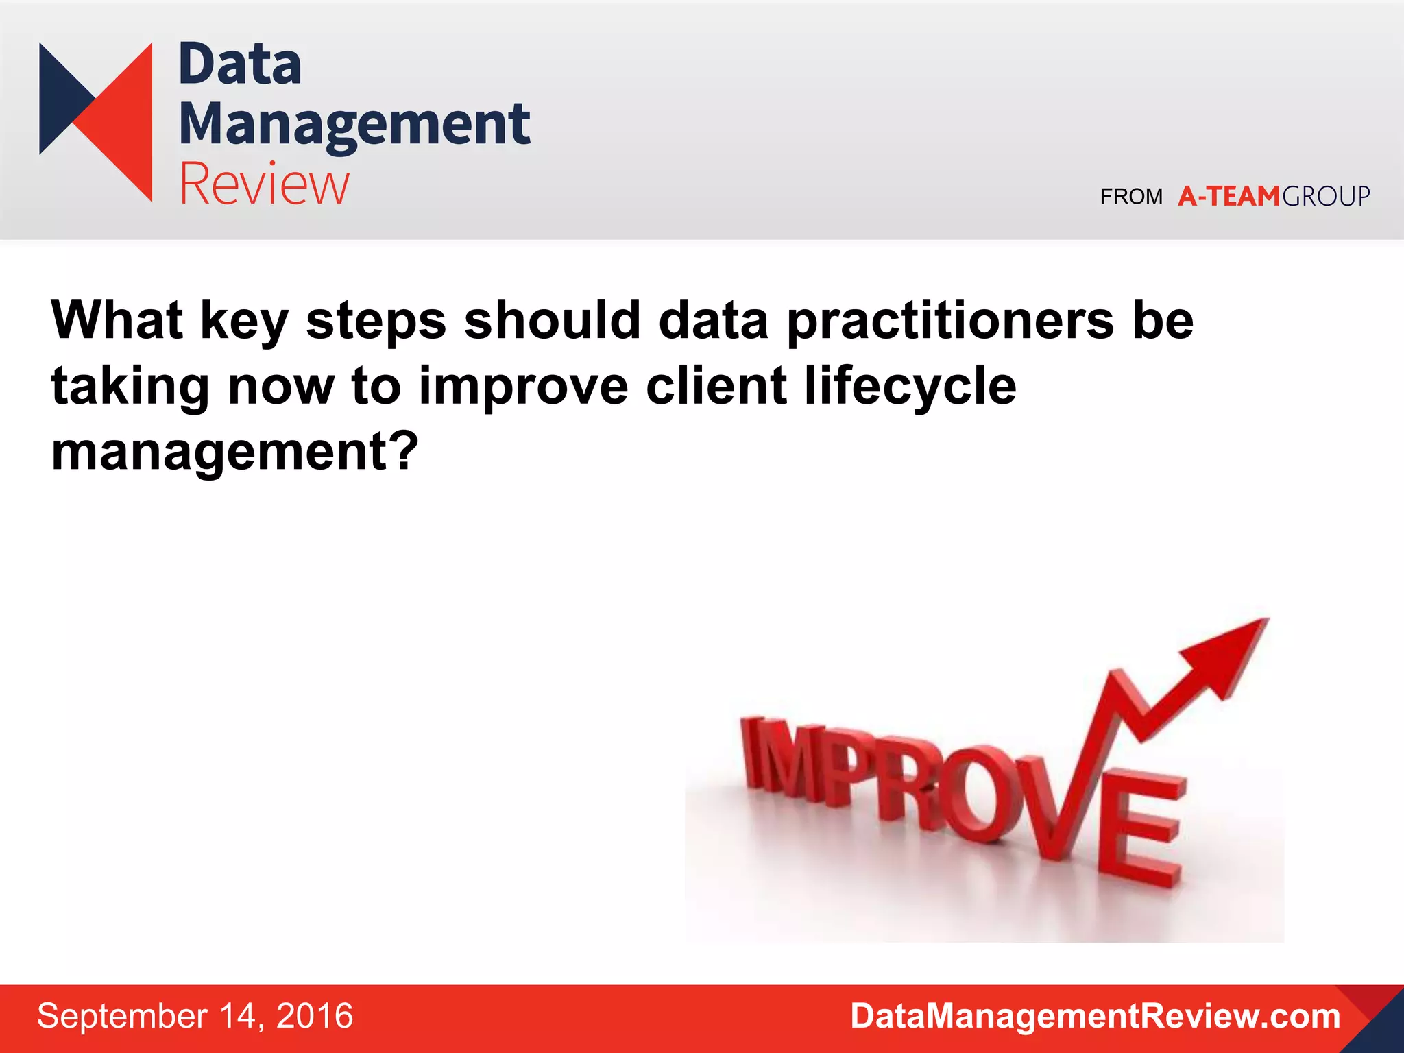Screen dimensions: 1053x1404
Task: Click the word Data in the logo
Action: click(240, 64)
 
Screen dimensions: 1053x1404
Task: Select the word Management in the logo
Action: click(354, 124)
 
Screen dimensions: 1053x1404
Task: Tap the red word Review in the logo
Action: click(265, 184)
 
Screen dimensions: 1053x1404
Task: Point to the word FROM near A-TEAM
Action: click(1131, 197)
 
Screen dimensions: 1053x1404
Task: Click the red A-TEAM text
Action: click(1228, 197)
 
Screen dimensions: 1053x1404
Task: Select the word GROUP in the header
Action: click(1326, 197)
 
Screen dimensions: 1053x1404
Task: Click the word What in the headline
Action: click(117, 320)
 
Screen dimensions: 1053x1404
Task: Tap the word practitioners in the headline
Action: click(950, 320)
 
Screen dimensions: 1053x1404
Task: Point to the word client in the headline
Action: click(716, 386)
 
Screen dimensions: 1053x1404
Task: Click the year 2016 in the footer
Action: click(315, 1016)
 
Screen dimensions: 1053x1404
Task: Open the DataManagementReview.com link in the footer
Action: click(1095, 1016)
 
